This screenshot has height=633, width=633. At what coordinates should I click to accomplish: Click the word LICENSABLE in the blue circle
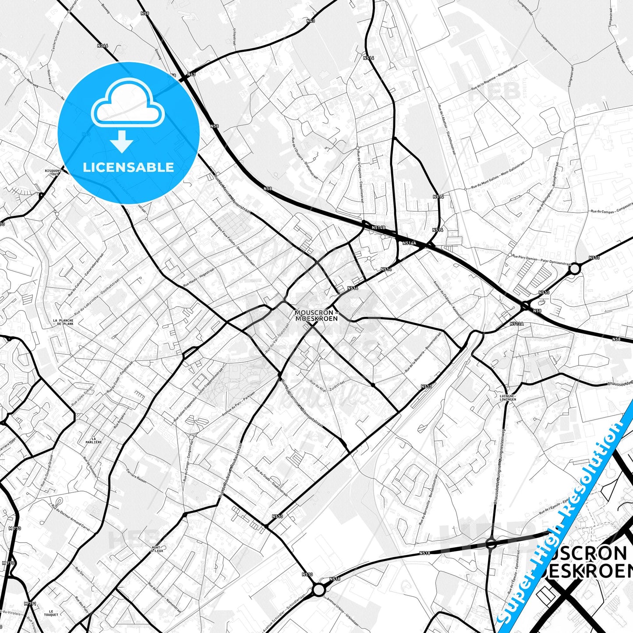pos(128,167)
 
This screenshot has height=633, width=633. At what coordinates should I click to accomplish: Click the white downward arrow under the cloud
pos(122,142)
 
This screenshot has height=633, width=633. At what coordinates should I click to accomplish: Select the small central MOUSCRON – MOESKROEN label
pos(316,315)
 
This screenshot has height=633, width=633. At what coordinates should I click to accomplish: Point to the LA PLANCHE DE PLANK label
pos(63,322)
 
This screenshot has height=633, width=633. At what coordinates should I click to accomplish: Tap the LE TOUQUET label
pos(51,613)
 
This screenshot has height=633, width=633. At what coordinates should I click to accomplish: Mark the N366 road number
pos(103,46)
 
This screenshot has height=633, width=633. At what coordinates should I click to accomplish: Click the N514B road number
pos(378,228)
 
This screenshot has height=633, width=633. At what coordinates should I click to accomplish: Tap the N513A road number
pos(517,324)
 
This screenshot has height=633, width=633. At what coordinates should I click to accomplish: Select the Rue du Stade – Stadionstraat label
pos(271,482)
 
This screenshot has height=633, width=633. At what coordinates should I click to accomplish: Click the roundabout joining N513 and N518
pos(319,590)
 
